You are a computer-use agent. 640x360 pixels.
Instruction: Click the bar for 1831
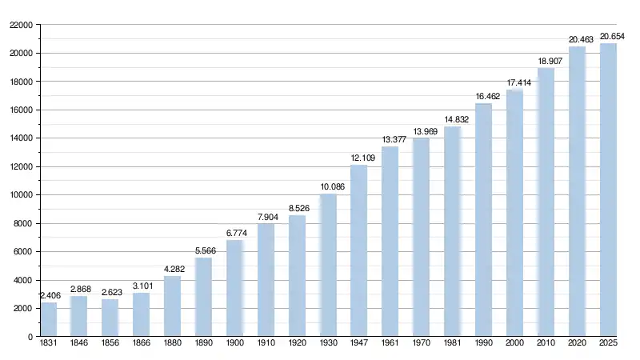pos(49,319)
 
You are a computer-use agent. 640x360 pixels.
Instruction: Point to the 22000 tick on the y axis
pos(21,25)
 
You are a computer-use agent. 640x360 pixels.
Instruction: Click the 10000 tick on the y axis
pos(21,195)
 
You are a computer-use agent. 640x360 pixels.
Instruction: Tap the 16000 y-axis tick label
pos(21,110)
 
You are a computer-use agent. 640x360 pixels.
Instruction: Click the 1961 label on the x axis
pos(390,344)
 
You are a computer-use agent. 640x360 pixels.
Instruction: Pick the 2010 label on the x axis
pos(546,344)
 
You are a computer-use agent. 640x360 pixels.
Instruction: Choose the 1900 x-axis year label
pos(235,344)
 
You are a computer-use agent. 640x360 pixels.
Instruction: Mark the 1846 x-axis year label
pos(79,344)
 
